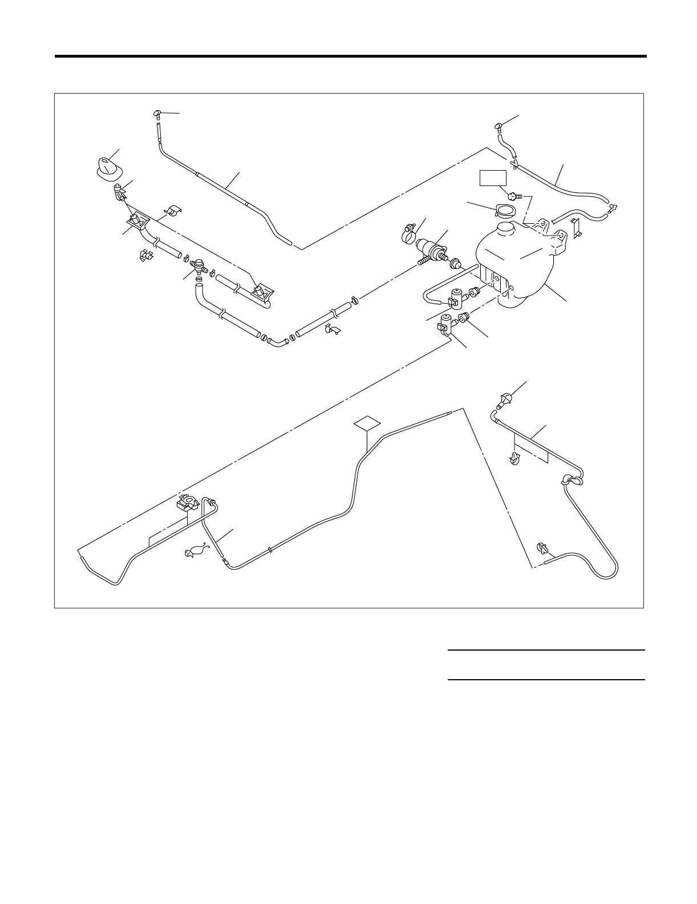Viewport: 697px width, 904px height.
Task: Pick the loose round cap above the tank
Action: pos(504,211)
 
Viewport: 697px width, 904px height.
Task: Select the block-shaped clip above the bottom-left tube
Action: pos(187,503)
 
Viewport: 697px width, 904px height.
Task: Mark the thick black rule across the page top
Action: pos(350,56)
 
